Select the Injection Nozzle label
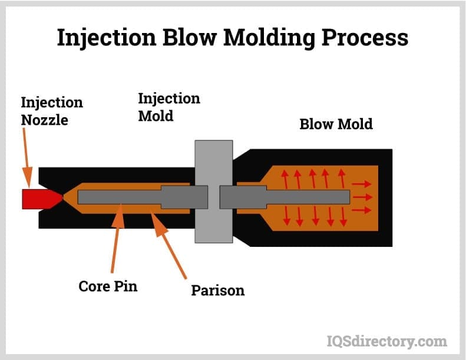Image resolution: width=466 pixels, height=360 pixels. tap(52, 111)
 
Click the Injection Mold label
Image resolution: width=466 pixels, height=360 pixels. tap(169, 107)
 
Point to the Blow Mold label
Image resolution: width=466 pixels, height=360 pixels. tap(336, 124)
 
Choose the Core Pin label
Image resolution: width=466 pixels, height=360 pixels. tap(108, 286)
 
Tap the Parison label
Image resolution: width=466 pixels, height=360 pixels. tap(217, 290)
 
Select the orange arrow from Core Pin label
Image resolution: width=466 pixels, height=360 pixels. tap(116, 242)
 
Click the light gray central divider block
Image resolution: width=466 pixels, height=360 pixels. tap(213, 191)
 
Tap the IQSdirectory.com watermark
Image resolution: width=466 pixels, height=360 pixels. tap(386, 341)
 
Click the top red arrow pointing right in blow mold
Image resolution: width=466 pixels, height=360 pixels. tap(362, 184)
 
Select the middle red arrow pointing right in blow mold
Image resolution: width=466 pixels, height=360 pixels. tap(362, 197)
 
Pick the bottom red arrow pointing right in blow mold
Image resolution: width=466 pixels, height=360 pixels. tap(362, 210)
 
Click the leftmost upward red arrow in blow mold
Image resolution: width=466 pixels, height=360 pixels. tap(286, 179)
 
